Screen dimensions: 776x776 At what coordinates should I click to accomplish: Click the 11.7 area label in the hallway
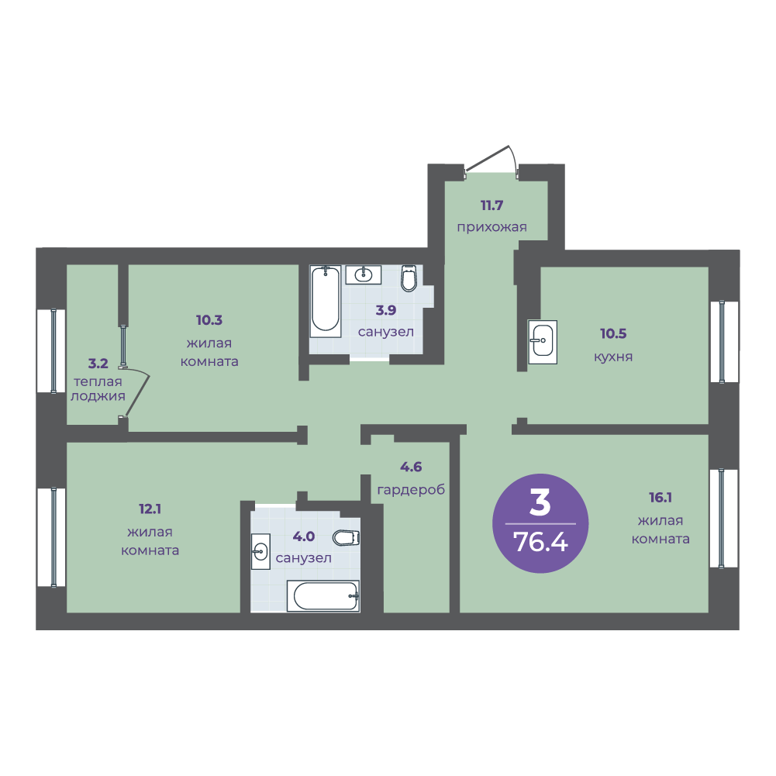click(x=491, y=205)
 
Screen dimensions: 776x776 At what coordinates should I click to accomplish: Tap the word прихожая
click(x=491, y=228)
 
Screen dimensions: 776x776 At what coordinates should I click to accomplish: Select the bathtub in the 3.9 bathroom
click(x=325, y=301)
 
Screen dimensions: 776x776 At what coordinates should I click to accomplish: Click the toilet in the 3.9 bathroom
click(x=409, y=278)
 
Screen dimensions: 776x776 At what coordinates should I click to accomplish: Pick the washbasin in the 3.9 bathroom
click(x=364, y=274)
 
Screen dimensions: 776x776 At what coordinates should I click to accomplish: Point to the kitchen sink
click(x=543, y=341)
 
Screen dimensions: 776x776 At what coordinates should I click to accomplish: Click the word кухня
click(x=613, y=357)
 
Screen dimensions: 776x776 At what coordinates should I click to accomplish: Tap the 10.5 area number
click(x=613, y=333)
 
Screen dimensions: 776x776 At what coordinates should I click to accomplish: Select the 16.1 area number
click(x=660, y=498)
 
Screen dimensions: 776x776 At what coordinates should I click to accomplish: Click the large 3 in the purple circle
click(x=540, y=502)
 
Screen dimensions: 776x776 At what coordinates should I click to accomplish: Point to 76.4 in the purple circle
click(x=540, y=541)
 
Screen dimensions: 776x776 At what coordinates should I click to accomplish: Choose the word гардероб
click(x=412, y=490)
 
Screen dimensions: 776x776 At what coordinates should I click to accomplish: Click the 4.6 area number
click(x=411, y=467)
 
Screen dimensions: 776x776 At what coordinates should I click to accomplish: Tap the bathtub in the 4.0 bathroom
click(x=323, y=596)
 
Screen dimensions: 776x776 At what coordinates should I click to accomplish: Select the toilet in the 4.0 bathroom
click(x=346, y=537)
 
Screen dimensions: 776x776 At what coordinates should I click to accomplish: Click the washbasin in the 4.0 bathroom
click(x=260, y=551)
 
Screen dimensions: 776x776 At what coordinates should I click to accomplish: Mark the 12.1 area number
click(x=150, y=509)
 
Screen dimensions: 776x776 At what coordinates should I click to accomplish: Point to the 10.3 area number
click(x=209, y=320)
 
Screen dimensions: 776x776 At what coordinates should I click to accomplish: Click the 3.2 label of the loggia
click(x=98, y=364)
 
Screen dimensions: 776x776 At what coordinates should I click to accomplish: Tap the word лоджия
click(x=98, y=397)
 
